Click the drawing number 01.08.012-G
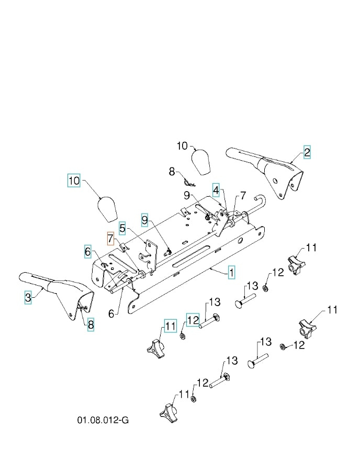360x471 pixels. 103,420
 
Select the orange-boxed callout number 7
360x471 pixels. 110,239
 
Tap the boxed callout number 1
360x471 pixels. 231,272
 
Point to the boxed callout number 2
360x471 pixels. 307,152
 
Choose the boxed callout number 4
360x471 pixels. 216,189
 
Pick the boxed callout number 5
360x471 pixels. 122,228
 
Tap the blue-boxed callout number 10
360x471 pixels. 74,181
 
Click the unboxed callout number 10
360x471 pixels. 182,146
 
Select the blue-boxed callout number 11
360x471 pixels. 171,326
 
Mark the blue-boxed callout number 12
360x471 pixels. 193,319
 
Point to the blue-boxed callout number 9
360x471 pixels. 144,219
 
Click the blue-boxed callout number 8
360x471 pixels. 91,325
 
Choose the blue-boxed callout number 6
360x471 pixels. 88,252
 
